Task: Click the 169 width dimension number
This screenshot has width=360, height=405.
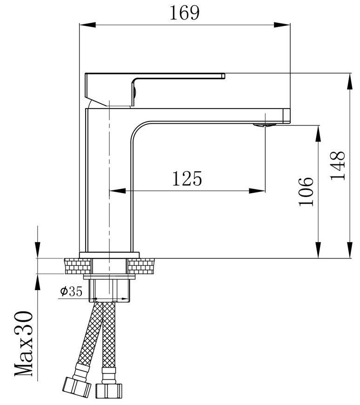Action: tap(184, 13)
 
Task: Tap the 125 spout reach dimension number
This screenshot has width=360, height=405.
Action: tap(187, 178)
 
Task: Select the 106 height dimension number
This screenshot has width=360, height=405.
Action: tap(306, 191)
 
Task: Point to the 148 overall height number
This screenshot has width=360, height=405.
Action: tap(338, 166)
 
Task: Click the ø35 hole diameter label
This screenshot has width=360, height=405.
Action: tap(71, 291)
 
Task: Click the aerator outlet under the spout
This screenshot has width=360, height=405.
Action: tap(265, 125)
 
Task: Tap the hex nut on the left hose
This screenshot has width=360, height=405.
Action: tap(77, 387)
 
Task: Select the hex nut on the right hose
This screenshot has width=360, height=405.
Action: tap(109, 391)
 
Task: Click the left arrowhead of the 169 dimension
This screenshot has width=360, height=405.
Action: tap(87, 25)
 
